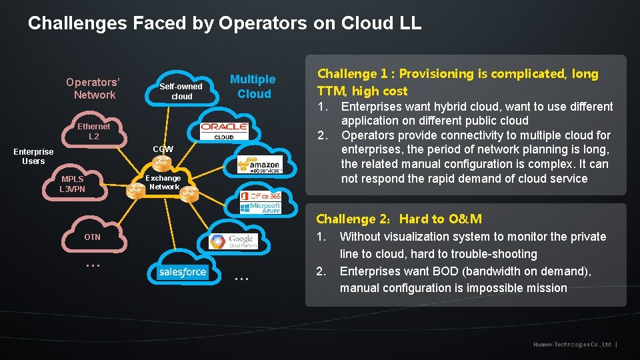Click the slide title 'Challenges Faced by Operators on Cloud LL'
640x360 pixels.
225,23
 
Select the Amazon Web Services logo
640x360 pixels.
260,165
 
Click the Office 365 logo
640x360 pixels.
261,196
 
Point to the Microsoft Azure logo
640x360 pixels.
261,208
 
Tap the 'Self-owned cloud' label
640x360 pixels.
181,91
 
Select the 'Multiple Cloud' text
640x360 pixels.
253,87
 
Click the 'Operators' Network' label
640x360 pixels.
93,88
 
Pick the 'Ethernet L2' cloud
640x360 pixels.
94,131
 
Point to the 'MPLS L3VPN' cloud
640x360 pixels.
73,184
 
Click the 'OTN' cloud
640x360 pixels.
93,237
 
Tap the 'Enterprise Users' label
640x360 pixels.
33,157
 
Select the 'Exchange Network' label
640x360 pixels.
163,182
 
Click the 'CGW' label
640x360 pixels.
163,149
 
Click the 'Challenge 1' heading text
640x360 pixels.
457,82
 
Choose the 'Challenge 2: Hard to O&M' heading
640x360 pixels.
399,219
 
